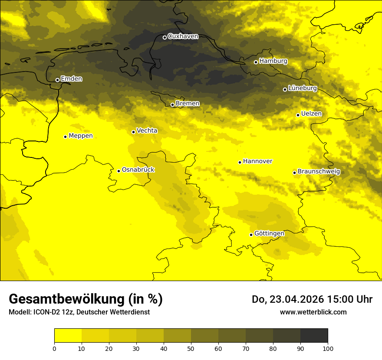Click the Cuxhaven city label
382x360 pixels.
[x=183, y=36]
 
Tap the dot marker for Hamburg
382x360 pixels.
[x=256, y=62]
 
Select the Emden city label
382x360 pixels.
[x=71, y=79]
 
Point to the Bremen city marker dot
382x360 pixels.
[x=172, y=105]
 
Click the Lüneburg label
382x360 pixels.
[x=303, y=88]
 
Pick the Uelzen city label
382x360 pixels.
[x=311, y=114]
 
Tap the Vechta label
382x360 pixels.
[x=147, y=131]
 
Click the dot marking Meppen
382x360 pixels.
[x=65, y=137]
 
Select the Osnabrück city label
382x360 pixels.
[x=138, y=170]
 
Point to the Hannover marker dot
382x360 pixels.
[x=240, y=162]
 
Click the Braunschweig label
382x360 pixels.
[x=319, y=172]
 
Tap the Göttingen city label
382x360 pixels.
[x=269, y=234]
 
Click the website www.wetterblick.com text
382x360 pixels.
[x=313, y=312]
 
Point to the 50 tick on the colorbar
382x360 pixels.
[x=191, y=348]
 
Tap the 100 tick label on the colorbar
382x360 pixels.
[x=328, y=348]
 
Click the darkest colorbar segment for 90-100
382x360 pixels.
[x=314, y=335]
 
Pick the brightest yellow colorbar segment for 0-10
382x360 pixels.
[x=68, y=335]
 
